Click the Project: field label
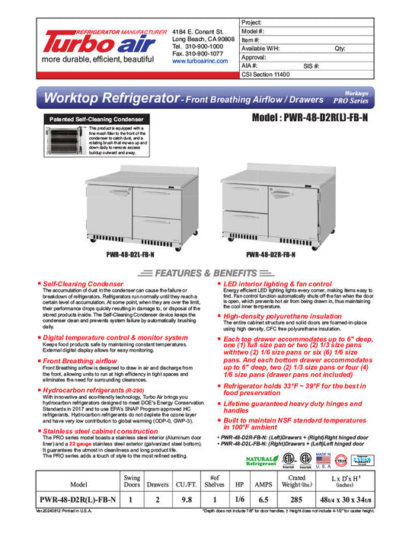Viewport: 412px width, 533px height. (251, 24)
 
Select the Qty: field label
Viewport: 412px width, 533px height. (340, 48)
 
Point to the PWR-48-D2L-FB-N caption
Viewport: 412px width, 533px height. (125, 255)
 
